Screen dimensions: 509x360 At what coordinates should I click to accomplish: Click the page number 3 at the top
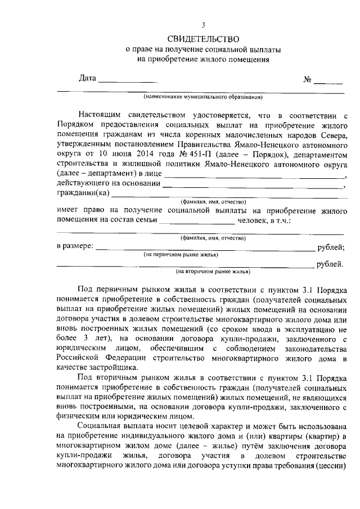(204, 25)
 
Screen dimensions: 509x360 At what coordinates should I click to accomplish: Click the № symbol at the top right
(308, 79)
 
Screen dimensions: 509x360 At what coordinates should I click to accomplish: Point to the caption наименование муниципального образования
(203, 96)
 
